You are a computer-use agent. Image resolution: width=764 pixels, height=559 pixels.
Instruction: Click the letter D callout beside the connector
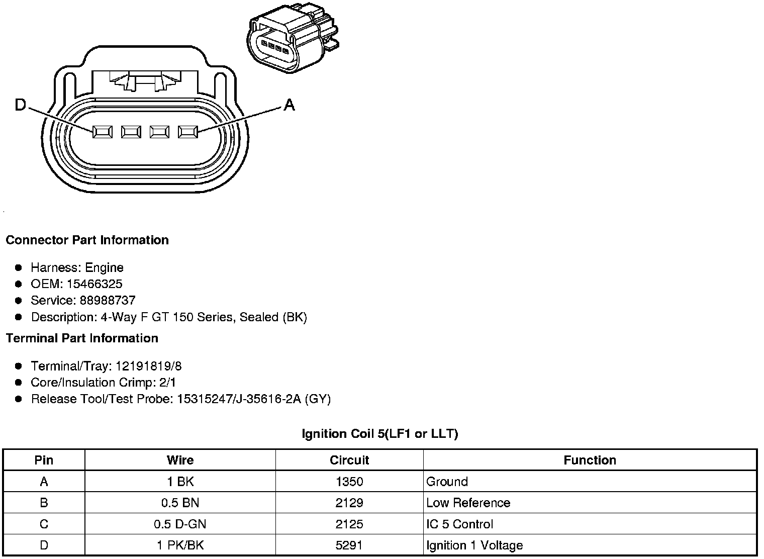click(21, 105)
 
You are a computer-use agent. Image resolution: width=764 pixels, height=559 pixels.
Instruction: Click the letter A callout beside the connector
click(289, 105)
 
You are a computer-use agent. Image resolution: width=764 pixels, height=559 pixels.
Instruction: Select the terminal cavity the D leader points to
click(102, 132)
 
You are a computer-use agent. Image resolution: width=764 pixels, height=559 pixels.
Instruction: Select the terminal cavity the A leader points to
click(188, 132)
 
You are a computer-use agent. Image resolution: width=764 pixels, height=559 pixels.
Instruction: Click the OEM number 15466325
click(94, 284)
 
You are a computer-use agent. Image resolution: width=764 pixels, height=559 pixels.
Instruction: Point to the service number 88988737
click(108, 300)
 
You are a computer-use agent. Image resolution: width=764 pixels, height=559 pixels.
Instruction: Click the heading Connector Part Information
click(87, 240)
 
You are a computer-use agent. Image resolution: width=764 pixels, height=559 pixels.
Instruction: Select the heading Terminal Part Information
click(82, 338)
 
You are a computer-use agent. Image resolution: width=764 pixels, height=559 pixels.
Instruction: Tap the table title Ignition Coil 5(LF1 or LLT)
click(379, 433)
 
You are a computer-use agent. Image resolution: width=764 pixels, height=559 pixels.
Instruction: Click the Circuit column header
click(349, 460)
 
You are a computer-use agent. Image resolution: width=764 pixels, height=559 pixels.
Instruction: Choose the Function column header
click(590, 460)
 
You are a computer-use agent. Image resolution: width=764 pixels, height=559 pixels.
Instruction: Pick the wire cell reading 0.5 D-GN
click(180, 524)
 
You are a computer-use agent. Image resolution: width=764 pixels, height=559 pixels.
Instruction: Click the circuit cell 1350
click(349, 482)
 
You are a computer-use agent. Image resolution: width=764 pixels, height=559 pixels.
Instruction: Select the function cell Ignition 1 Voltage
click(474, 545)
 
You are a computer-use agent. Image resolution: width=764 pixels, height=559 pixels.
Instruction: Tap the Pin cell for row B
click(44, 503)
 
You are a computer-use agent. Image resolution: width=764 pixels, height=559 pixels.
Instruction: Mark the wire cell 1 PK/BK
click(180, 545)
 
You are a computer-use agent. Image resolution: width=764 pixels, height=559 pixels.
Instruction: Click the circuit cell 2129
click(349, 503)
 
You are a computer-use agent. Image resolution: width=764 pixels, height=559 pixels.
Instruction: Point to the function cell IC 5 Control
click(459, 524)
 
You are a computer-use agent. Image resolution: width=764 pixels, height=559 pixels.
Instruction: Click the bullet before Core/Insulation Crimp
click(19, 383)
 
